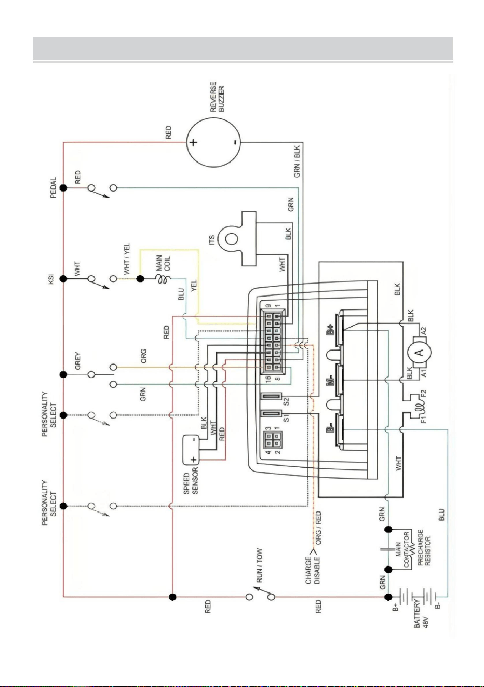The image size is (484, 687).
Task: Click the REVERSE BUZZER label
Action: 218,97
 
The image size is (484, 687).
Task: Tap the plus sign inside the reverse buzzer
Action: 193,142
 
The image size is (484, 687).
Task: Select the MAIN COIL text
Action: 163,263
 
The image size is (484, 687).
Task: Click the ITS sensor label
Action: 212,240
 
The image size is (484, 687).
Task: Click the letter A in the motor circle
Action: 419,353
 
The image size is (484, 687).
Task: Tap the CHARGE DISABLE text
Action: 313,571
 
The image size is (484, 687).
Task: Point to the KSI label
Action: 51,279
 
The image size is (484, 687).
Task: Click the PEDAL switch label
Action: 53,187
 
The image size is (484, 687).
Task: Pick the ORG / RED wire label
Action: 318,528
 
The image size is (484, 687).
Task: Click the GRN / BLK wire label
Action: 297,161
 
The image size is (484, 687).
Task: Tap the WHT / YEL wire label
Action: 127,259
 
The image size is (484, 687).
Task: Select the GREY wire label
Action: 78,360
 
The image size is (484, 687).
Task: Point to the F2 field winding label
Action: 423,393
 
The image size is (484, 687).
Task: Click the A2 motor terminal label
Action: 423,331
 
